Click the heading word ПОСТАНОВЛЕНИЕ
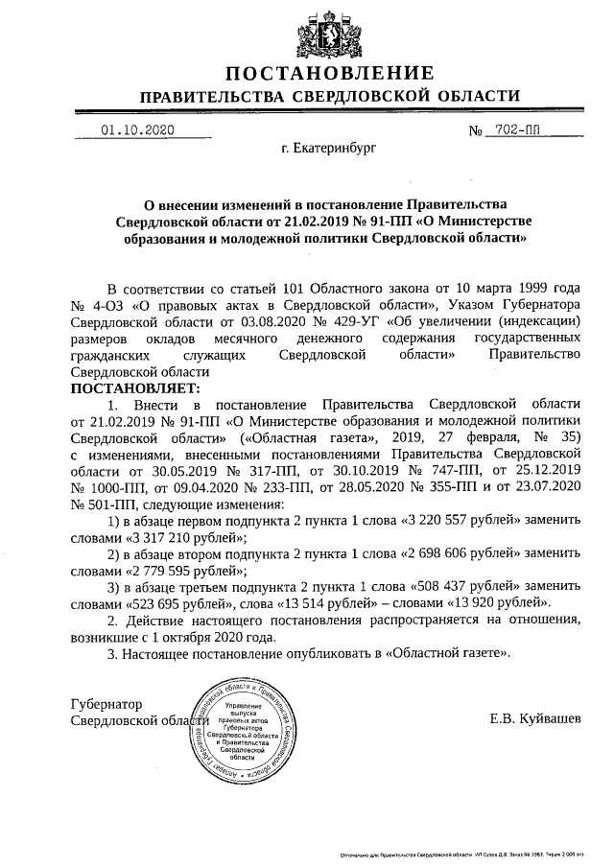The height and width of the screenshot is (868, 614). pos(329,74)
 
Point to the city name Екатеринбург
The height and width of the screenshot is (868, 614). pos(329,150)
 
